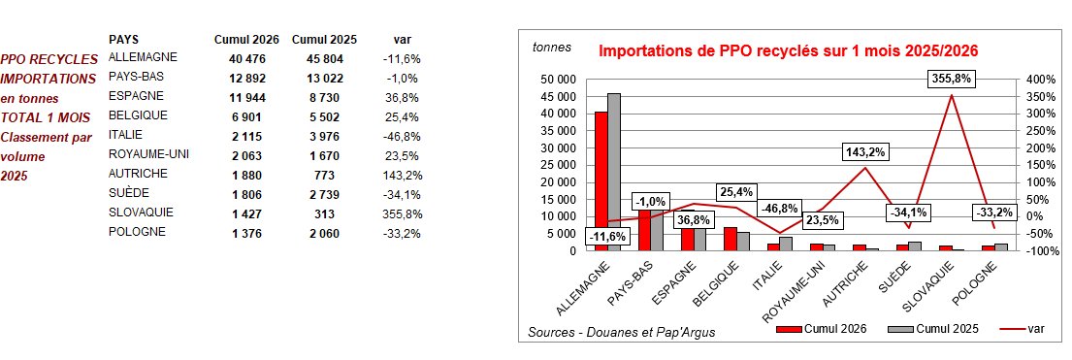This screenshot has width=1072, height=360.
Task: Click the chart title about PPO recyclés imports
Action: (x=787, y=50)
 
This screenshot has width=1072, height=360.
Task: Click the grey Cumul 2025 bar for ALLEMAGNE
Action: (x=614, y=172)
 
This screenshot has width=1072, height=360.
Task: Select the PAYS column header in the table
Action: (x=122, y=40)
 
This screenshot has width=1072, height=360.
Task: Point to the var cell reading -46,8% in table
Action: (x=400, y=136)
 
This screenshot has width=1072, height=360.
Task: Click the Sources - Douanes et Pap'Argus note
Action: (x=622, y=332)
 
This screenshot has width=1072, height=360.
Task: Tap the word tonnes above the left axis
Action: (x=552, y=46)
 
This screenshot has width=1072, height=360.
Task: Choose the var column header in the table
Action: (x=400, y=40)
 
